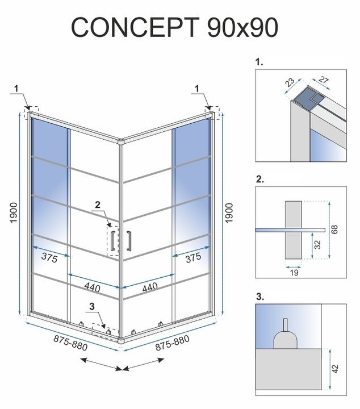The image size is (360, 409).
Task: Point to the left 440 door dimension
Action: pos(92,287)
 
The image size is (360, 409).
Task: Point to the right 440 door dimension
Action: pos(150,287)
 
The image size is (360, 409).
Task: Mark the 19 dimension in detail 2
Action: pos(293,273)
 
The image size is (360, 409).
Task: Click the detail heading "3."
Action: pos(260,297)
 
